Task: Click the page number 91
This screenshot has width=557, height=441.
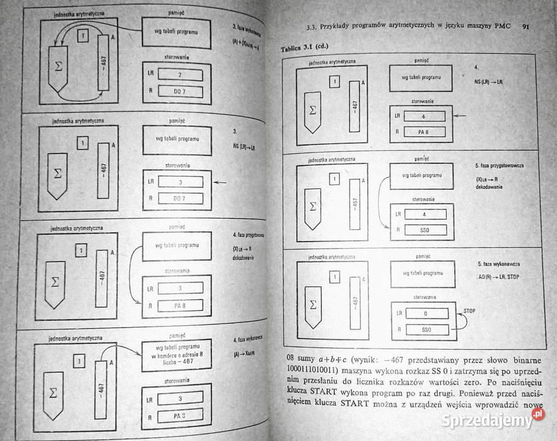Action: pos(526,26)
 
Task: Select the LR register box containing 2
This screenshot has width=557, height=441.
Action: pos(180,75)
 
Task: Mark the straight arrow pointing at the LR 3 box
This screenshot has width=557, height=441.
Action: pos(220,182)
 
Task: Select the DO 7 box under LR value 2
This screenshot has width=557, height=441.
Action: pos(180,91)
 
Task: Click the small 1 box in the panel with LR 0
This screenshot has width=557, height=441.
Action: pos(334,277)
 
